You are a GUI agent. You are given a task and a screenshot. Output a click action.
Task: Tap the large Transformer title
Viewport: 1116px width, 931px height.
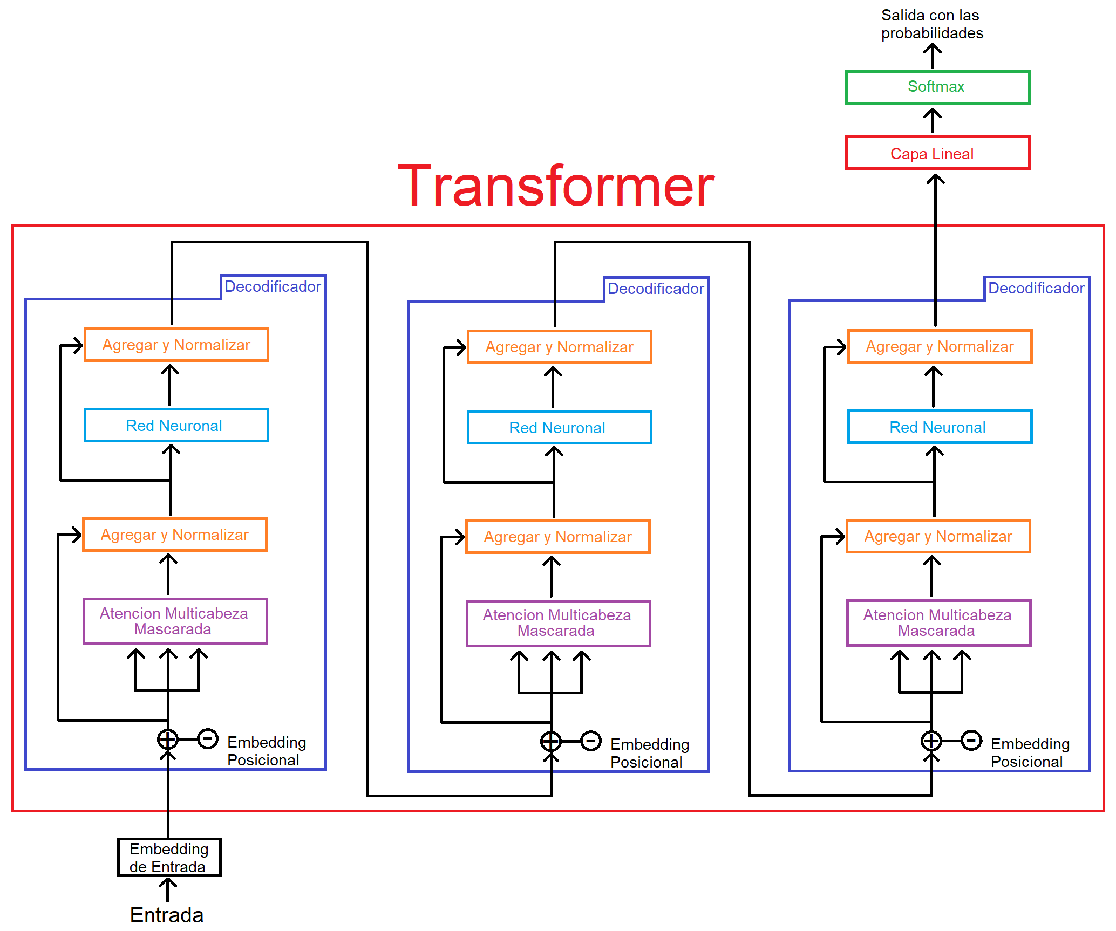(556, 186)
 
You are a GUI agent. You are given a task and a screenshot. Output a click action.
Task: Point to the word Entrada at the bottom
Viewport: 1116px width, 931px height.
(167, 915)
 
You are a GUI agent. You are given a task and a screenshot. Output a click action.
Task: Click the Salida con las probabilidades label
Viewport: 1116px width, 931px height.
(932, 24)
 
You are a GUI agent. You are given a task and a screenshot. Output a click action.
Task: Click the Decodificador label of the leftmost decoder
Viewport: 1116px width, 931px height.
(273, 286)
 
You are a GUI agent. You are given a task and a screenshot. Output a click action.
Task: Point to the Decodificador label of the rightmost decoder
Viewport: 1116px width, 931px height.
(1036, 288)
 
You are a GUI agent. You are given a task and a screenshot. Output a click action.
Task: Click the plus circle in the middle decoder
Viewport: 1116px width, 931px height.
(551, 741)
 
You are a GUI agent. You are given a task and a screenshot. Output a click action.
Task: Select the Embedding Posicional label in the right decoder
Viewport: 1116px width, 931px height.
(1030, 752)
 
